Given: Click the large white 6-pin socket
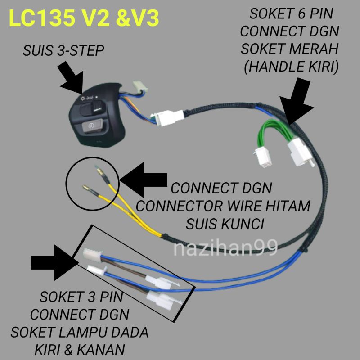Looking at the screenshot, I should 299,151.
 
